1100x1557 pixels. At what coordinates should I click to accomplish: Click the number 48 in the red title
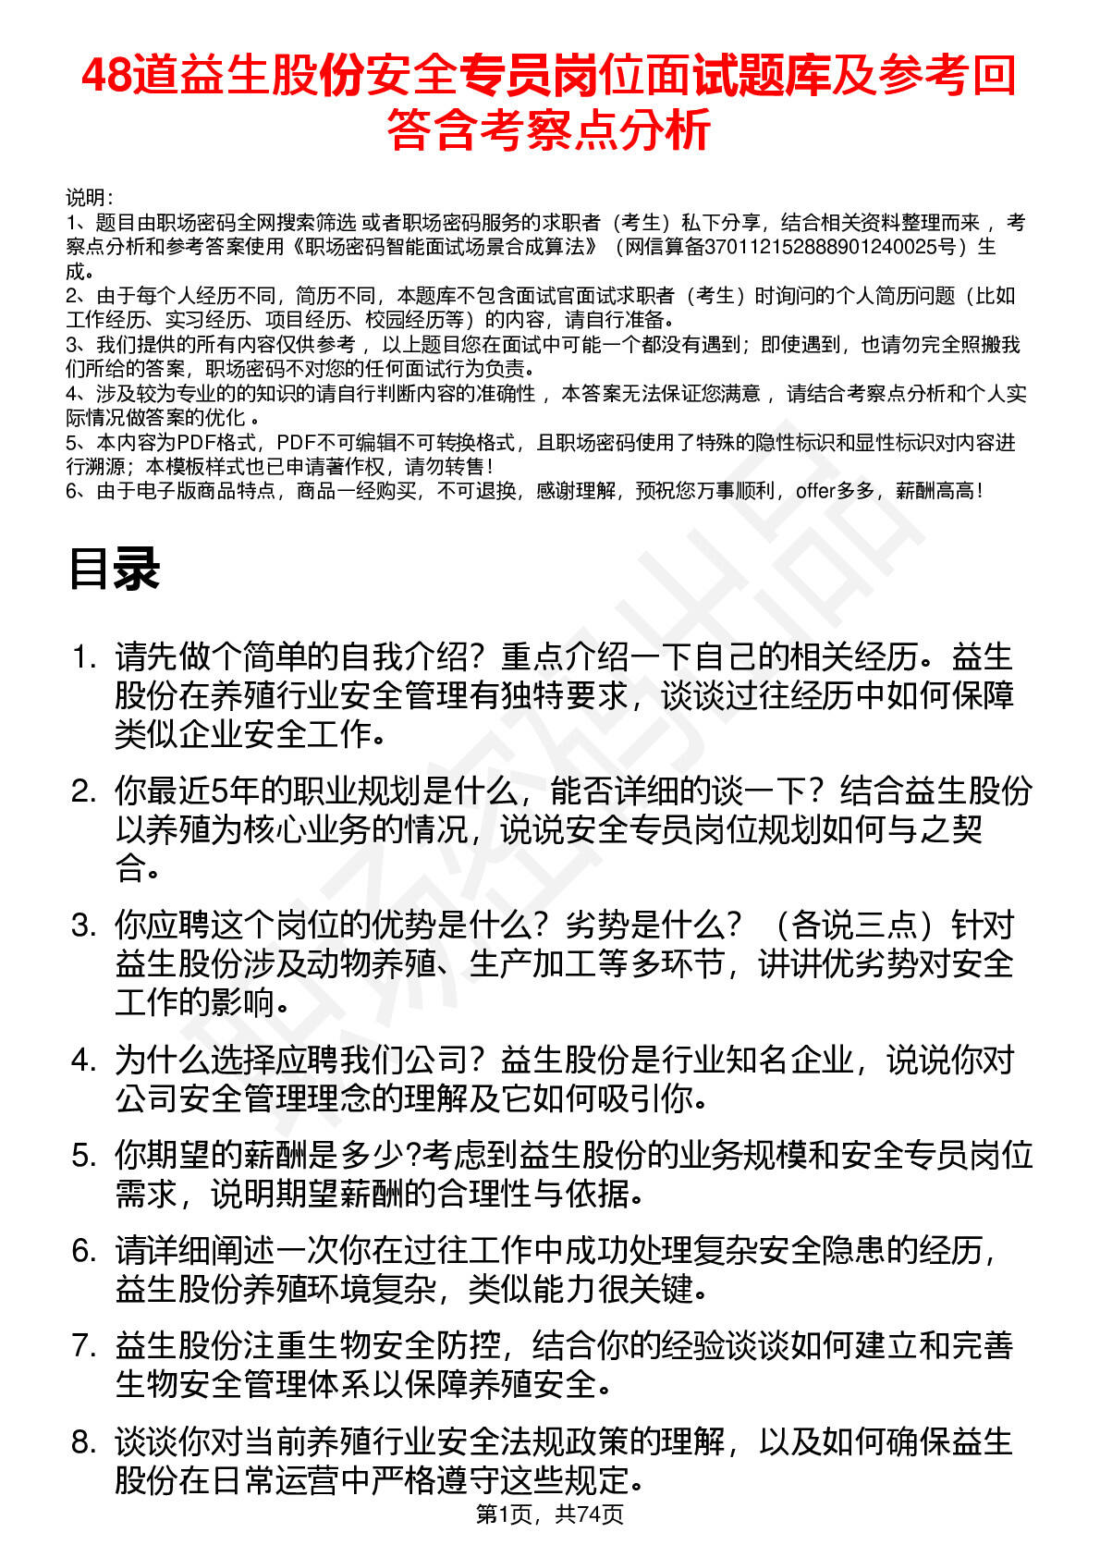tap(106, 76)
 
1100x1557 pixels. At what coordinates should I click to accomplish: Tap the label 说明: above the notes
tap(90, 198)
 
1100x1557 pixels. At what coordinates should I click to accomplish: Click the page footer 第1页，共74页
tap(549, 1514)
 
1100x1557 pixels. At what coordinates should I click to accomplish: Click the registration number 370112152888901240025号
tap(836, 247)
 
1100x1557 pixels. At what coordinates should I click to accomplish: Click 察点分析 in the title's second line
tap(629, 129)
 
